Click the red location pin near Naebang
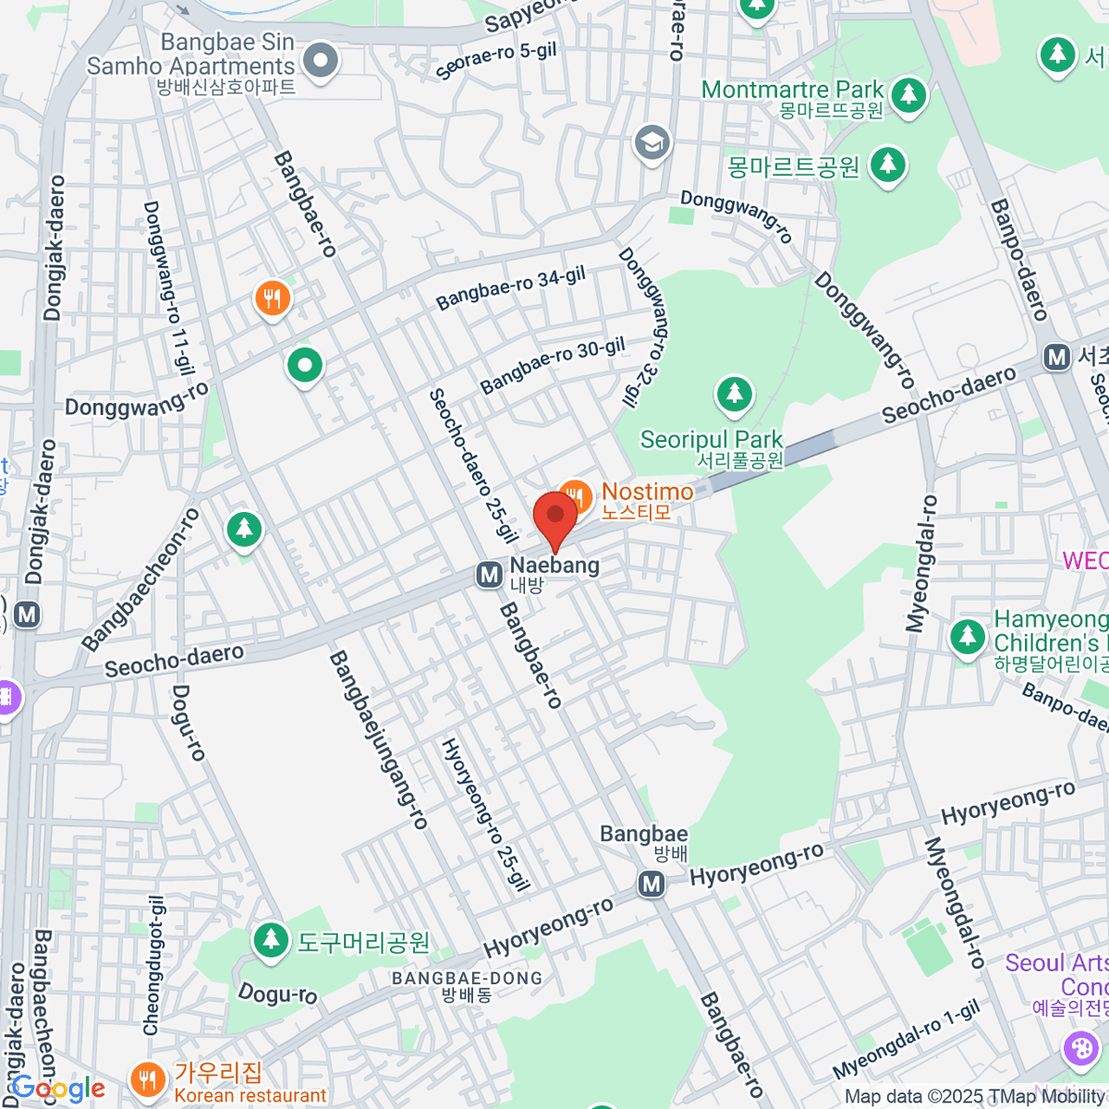point(554,518)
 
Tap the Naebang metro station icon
point(489,575)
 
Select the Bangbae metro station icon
point(652,884)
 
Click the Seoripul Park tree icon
point(735,395)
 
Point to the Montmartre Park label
point(793,91)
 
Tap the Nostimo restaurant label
point(647,493)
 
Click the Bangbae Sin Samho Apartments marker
point(322,61)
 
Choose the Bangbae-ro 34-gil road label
point(511,288)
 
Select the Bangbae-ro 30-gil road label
point(553,365)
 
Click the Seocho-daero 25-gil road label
point(472,465)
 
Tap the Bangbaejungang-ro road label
point(379,739)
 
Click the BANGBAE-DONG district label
point(467,979)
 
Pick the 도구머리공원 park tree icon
point(271,940)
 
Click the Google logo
point(57,1089)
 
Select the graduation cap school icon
point(652,142)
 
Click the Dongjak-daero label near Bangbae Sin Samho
point(53,248)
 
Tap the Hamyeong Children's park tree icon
point(968,636)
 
